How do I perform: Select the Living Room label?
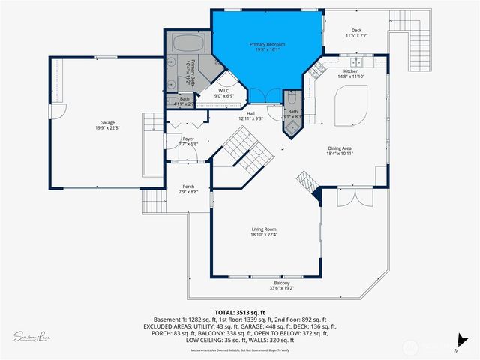coord(264,232)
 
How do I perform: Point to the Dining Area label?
coord(340,151)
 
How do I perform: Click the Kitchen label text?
coord(352,73)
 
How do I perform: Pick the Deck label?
coord(356,33)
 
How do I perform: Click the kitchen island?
coord(349,106)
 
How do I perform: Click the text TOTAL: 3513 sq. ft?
coord(240,311)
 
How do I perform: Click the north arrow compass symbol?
coord(457,343)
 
